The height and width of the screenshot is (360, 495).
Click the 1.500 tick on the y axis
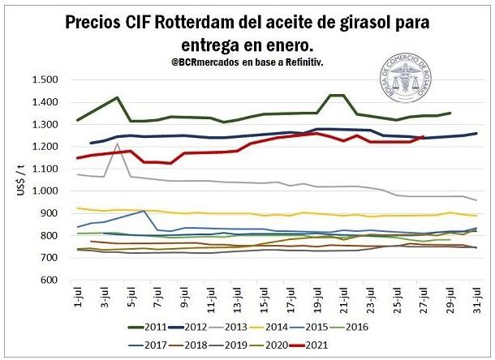[x=45, y=79]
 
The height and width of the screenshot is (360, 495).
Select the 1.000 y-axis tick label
[x=45, y=191]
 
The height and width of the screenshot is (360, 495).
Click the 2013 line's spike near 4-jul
[x=118, y=144]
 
